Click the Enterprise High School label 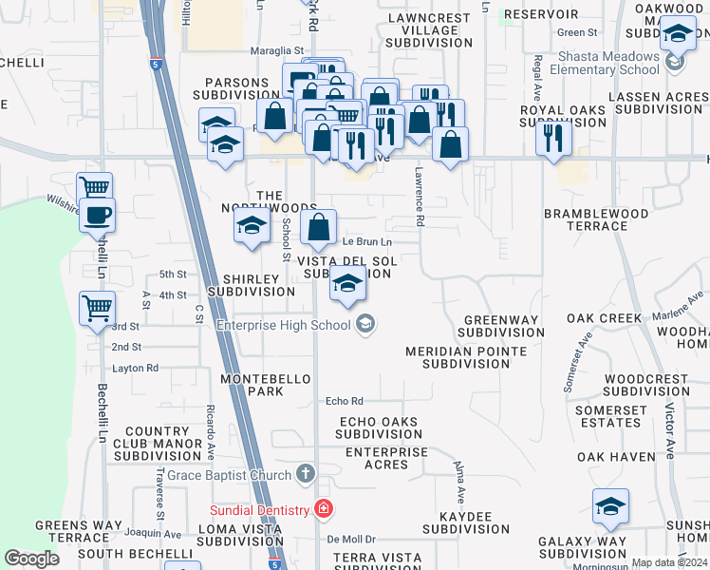283,326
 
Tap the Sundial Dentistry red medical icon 325,509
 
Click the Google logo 31,559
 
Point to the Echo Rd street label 345,401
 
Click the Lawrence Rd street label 419,197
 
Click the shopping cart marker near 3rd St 97,308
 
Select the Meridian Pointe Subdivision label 466,357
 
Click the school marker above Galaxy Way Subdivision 610,506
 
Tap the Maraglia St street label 276,51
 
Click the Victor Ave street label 670,430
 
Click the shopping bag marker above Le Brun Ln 319,227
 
